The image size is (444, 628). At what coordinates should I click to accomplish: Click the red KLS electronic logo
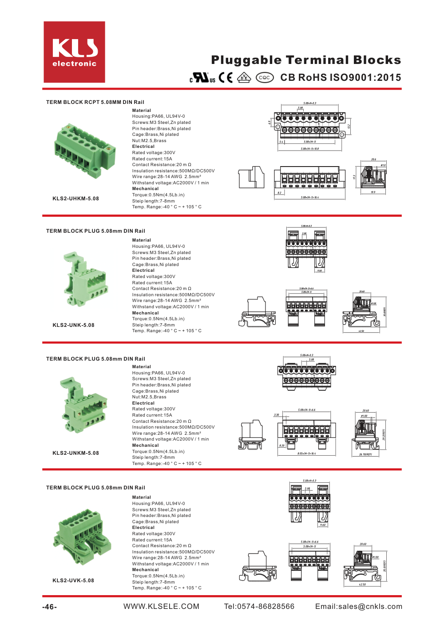74,52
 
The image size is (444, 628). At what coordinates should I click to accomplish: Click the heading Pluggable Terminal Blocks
306,60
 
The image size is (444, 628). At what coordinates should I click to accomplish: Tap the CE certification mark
226,78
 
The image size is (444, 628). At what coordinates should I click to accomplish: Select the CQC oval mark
265,78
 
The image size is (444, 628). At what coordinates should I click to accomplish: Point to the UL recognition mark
202,78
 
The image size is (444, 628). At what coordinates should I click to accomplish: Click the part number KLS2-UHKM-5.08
76,199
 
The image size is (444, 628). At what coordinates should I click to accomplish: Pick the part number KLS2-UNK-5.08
74,325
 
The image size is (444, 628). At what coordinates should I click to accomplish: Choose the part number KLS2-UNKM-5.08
76,453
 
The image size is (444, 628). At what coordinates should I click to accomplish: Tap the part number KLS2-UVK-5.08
73,580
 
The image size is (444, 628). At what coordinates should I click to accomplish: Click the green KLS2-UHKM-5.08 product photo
84,151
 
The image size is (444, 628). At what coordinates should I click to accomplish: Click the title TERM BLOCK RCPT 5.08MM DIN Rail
95,102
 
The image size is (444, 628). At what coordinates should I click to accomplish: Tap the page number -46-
49,607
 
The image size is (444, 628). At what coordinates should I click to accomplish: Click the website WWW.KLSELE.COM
161,607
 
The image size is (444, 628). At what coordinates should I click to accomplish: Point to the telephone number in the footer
259,607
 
